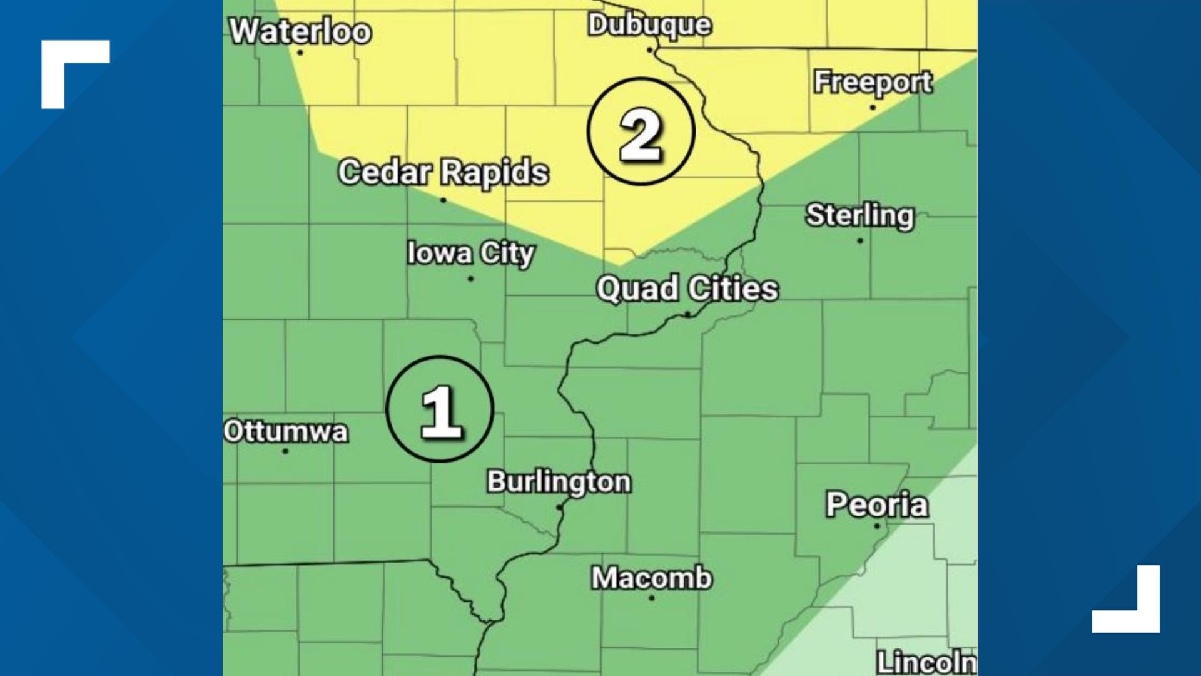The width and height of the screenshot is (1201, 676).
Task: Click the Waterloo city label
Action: pos(300,31)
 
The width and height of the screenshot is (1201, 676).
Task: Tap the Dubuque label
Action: pos(649,25)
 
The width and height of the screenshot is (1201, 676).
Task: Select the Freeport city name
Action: pos(873,82)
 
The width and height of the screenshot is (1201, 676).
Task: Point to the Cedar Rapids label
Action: pos(443,172)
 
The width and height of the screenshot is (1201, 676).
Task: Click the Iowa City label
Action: pos(470,253)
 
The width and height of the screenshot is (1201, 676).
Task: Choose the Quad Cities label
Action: pos(687,289)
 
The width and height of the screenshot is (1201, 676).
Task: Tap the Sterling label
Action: pos(859,215)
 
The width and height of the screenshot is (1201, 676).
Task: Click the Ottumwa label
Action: pos(286,431)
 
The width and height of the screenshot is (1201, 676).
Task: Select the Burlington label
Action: pos(559,482)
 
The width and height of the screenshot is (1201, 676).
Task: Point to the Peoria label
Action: pos(876,504)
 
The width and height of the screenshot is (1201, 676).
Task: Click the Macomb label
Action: pos(652,578)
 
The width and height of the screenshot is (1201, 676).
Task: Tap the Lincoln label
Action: pos(926,662)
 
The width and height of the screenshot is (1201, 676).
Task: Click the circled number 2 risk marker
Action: pos(641,131)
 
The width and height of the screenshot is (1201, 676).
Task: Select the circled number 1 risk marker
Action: pos(440,409)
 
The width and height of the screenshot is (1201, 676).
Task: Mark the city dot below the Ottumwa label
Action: pos(285,451)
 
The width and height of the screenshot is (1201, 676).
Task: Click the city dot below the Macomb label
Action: pos(652,598)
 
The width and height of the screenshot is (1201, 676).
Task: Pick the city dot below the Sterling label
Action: pos(860,240)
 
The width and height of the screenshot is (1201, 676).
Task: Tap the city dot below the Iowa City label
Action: pos(470,279)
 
